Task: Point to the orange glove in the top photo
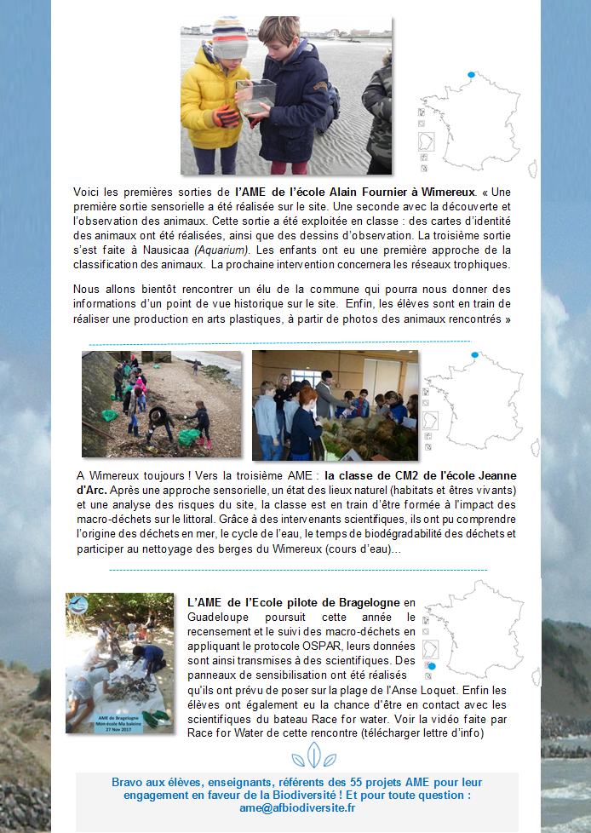click(x=226, y=116)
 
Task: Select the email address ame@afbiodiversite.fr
click(x=297, y=807)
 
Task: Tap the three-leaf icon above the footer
click(x=307, y=755)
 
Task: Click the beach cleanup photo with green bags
click(x=162, y=405)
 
